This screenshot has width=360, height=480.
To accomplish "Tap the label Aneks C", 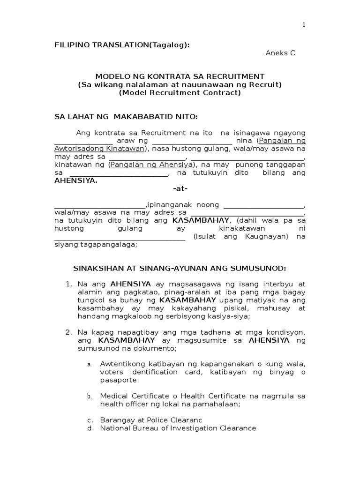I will pyautogui.click(x=280, y=53).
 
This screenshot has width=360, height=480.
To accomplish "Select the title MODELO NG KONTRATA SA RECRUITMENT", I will pyautogui.click(x=180, y=76).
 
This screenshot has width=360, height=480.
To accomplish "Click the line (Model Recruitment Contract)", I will pyautogui.click(x=180, y=92).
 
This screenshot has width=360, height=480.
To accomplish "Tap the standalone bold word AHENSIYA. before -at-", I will pyautogui.click(x=76, y=181).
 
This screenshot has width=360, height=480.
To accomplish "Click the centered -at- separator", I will pyautogui.click(x=180, y=189).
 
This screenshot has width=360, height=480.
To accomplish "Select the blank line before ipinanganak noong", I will pyautogui.click(x=100, y=206).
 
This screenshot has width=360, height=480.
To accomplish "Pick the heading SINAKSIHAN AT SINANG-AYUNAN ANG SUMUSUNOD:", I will pyautogui.click(x=180, y=268).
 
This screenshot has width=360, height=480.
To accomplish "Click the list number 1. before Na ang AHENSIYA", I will pyautogui.click(x=68, y=284).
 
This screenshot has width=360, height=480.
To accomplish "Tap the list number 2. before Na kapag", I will pyautogui.click(x=68, y=332).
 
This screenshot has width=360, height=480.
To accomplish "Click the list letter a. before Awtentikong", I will pyautogui.click(x=89, y=364).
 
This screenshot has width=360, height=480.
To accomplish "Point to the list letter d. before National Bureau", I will pyautogui.click(x=90, y=428).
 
